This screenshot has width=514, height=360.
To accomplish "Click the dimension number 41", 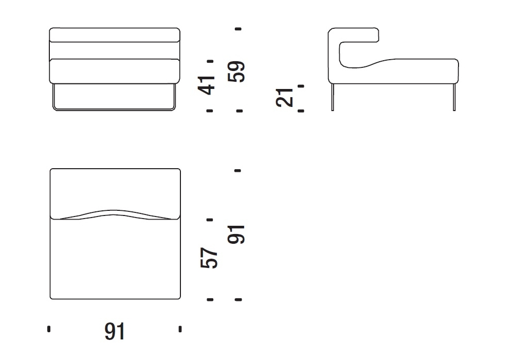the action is tap(207, 85).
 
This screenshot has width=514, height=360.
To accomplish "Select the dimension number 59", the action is tap(236, 71).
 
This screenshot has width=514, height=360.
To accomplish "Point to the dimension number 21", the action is tap(284, 97).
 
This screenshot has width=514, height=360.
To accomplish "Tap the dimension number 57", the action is tap(209, 258).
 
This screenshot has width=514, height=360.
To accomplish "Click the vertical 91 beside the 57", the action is tap(236, 235).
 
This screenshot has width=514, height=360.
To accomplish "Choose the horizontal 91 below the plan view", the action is tap(115, 331).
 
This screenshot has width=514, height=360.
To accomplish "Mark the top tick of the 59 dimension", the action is tap(238, 29).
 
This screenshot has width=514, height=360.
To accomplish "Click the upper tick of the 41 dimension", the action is tap(210, 61).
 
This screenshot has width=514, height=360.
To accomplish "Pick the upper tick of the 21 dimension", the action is tap(301, 86).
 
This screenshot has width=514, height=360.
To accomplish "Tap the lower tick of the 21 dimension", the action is tap(301, 111).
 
